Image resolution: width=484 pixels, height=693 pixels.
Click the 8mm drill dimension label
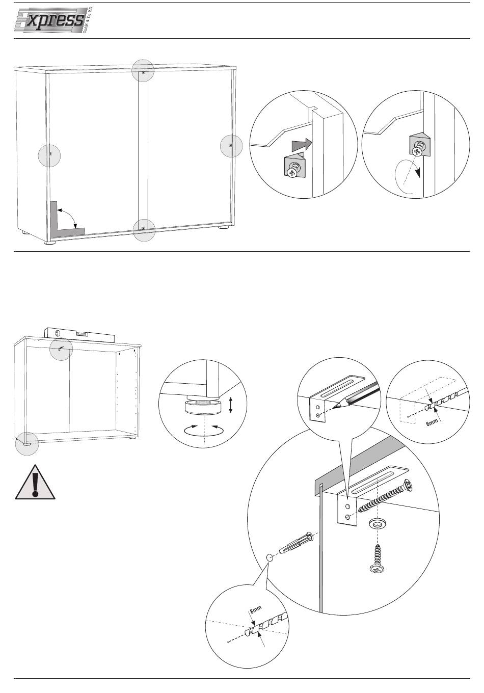coord(255,609)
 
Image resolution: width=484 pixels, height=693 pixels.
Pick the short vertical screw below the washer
coord(378,558)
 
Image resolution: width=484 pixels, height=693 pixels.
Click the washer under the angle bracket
coord(378,524)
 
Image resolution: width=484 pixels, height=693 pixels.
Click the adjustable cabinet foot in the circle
coord(203,408)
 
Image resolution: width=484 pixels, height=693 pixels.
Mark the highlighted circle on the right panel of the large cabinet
coord(231,146)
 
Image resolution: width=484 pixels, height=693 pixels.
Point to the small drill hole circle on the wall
coord(270,557)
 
